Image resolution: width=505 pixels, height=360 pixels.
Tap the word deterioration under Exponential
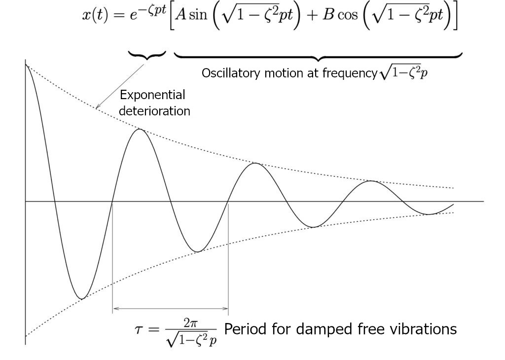(x=154, y=111)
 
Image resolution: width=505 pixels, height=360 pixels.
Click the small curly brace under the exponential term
(x=146, y=56)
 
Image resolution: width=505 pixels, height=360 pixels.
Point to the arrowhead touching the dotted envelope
(x=98, y=107)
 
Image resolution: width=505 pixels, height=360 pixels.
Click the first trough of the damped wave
(x=82, y=298)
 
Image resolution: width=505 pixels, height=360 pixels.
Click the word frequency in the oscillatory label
(x=352, y=73)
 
